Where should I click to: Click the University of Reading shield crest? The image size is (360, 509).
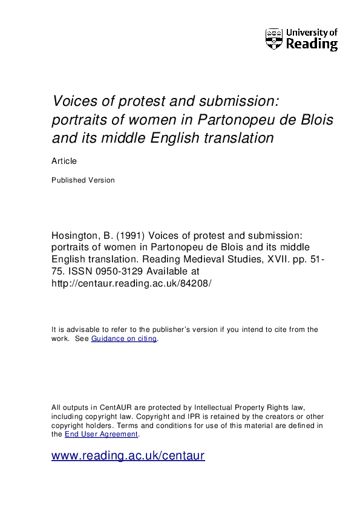(274, 39)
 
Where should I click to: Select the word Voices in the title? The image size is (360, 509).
(71, 100)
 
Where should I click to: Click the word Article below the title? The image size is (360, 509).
(64, 161)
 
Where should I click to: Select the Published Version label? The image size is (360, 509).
(83, 180)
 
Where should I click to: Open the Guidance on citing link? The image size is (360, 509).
(123, 339)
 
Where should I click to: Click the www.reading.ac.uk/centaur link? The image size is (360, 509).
(128, 456)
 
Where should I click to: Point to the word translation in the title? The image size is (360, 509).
(237, 138)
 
